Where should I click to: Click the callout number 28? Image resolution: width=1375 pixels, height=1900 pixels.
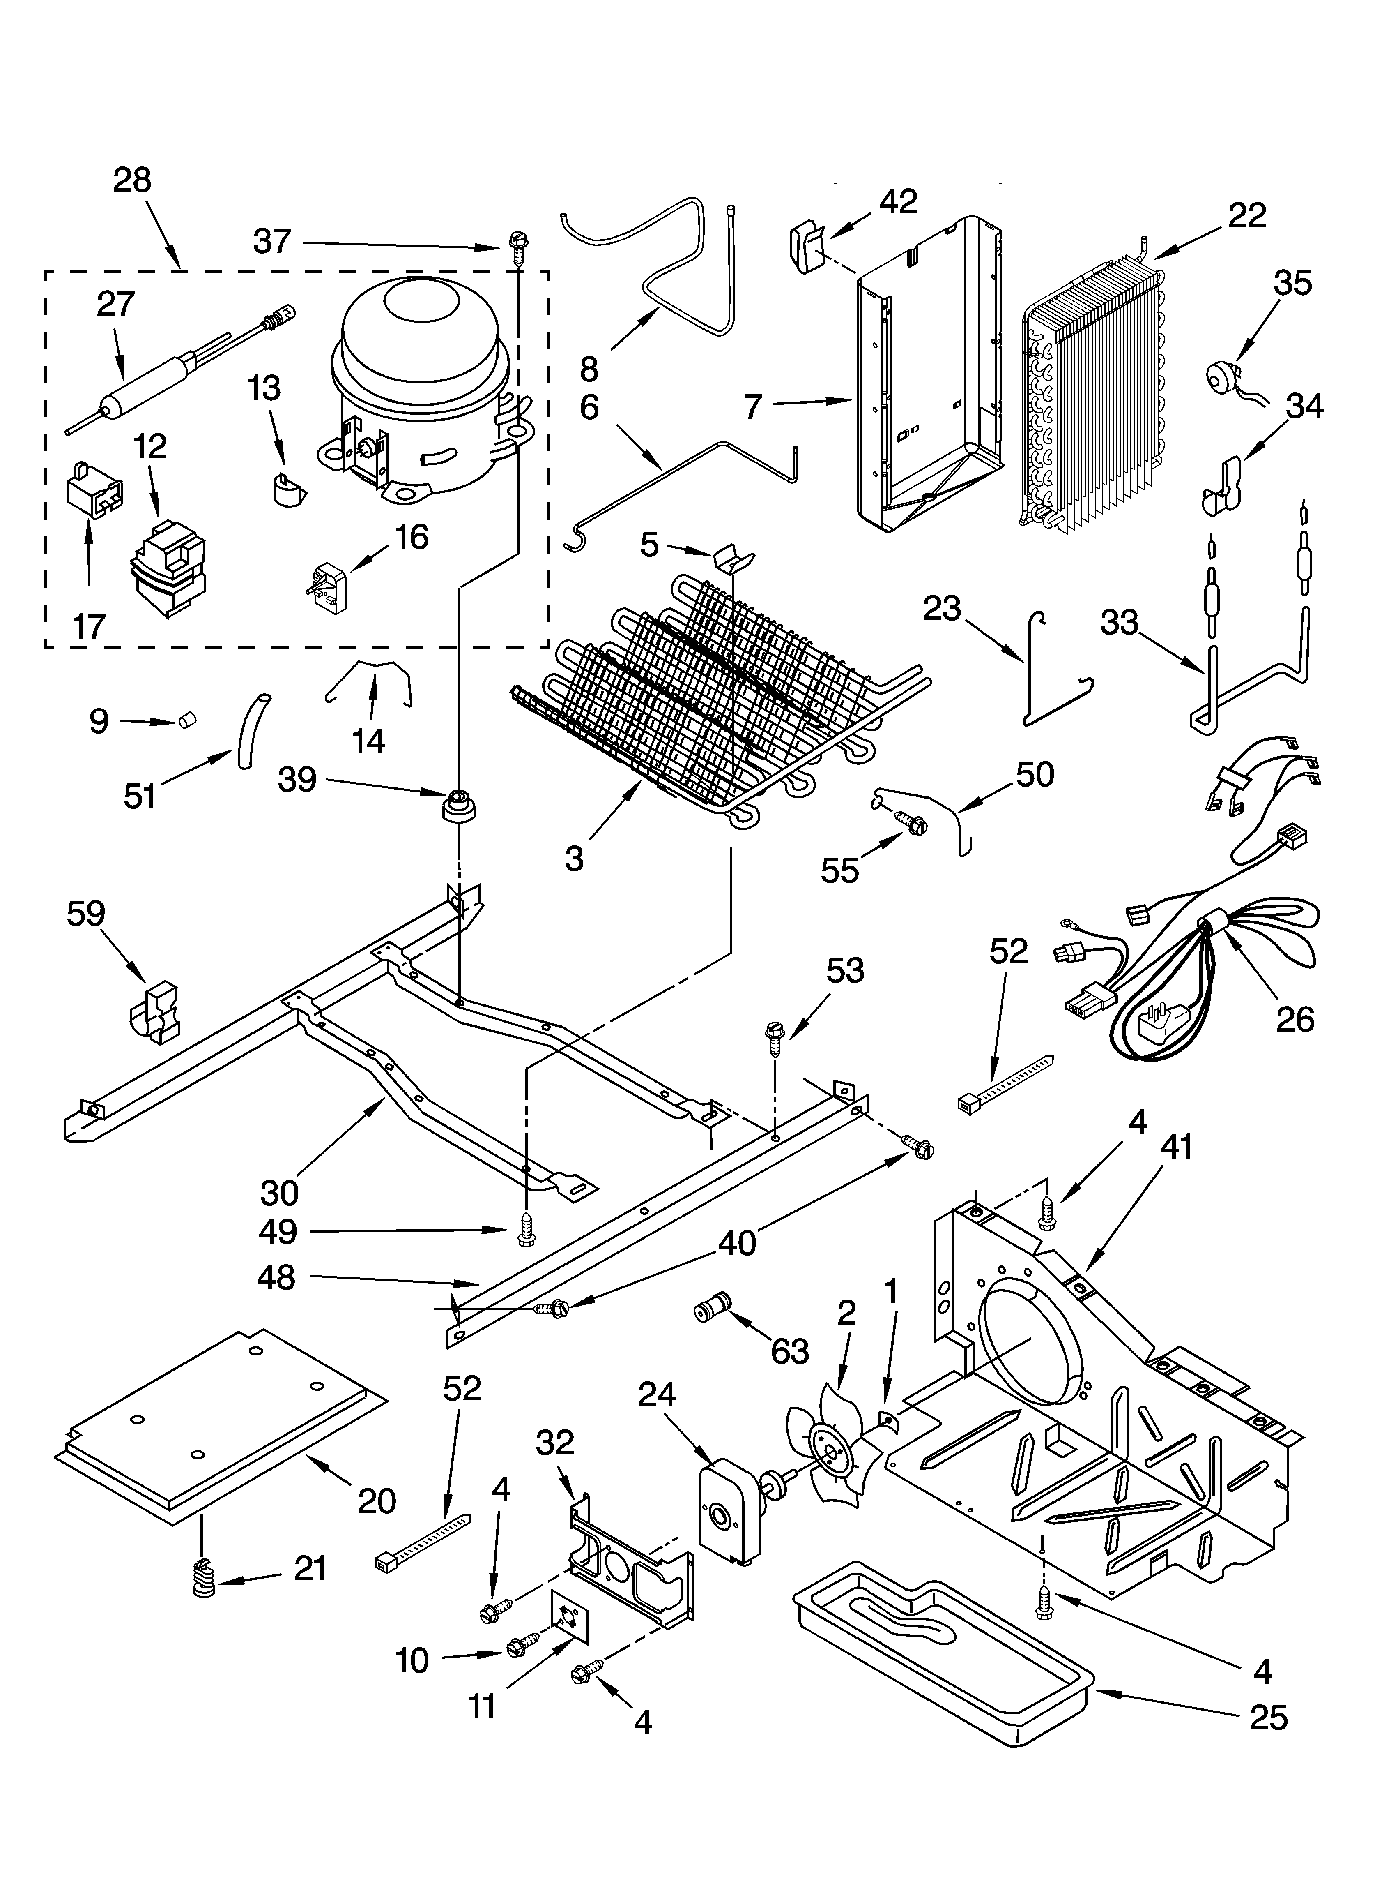132,180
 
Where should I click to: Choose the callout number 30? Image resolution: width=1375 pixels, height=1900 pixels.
279,1191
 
